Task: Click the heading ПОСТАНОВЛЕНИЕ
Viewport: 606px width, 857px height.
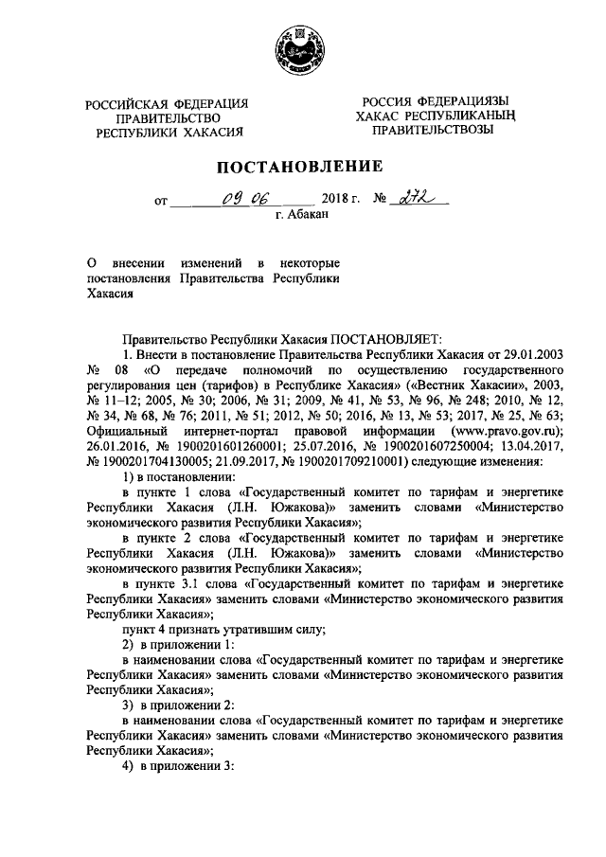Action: click(301, 167)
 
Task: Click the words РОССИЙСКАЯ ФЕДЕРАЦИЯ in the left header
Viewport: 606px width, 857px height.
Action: click(168, 103)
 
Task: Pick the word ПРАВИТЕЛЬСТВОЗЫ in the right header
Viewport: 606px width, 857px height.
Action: click(432, 130)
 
